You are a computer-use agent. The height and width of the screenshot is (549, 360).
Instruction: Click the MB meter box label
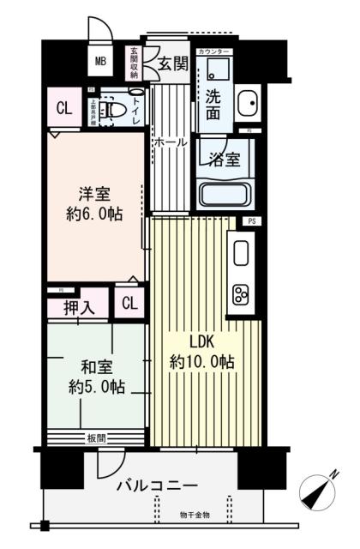(x=100, y=61)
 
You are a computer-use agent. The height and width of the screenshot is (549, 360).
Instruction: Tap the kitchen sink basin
(x=241, y=251)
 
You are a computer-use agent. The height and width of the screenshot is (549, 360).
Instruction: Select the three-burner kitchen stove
(x=241, y=295)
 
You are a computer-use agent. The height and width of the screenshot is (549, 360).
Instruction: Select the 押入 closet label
(x=78, y=305)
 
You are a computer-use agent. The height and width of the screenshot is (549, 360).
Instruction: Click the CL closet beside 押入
(x=129, y=303)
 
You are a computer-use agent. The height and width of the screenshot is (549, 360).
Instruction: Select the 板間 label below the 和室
(x=95, y=438)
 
